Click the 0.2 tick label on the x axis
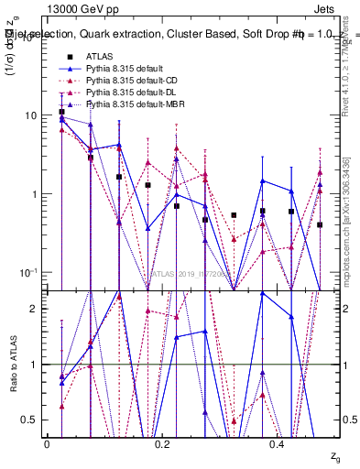coord(163,443)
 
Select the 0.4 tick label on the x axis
coord(278,443)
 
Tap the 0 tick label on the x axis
coord(47,443)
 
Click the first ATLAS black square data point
coord(61,112)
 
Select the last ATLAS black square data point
coord(320,224)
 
